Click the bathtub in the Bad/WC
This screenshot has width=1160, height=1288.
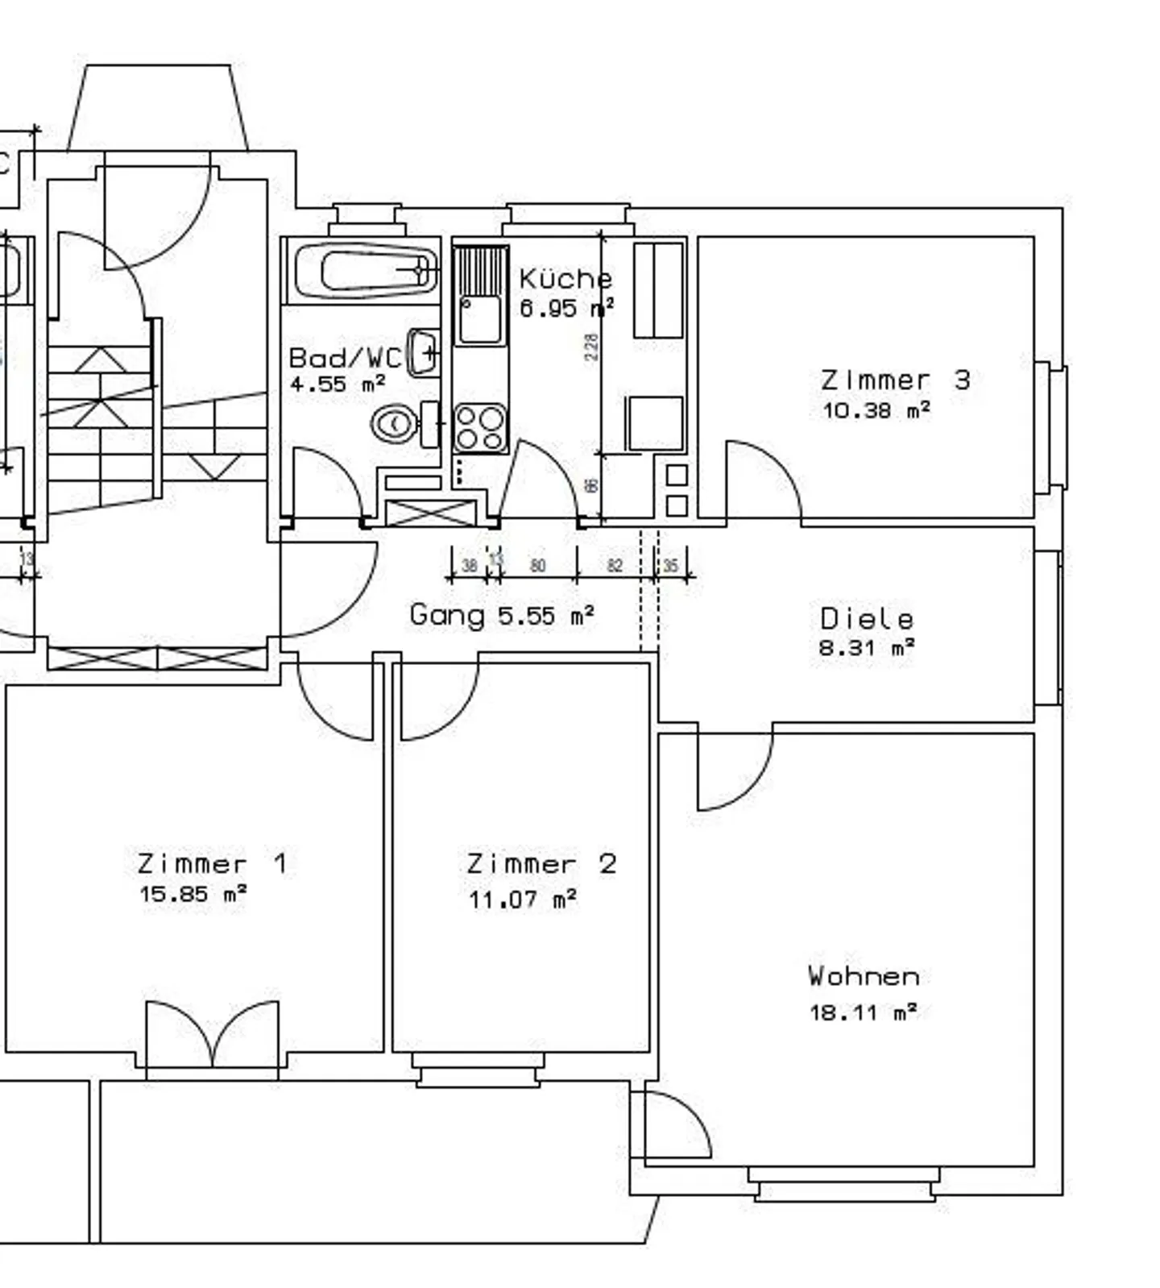[367, 271]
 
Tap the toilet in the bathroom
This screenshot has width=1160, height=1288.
[395, 422]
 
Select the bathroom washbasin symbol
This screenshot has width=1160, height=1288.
[423, 352]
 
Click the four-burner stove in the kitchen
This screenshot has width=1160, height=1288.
[480, 427]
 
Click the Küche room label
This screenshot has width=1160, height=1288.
[565, 279]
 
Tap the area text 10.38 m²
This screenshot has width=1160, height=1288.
[876, 410]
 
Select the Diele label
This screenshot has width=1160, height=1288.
[867, 619]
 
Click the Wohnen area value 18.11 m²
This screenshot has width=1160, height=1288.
[863, 1012]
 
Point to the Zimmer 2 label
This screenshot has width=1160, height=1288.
[541, 864]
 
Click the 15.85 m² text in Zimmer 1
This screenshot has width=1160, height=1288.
[193, 893]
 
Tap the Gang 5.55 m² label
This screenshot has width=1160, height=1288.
[502, 615]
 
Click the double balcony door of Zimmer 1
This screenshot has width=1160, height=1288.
[213, 1036]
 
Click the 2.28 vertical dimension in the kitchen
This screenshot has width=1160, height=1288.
[592, 347]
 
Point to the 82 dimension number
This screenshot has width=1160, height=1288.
[615, 566]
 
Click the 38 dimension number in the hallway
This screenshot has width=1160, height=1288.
[469, 566]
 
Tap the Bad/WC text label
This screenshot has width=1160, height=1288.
[345, 357]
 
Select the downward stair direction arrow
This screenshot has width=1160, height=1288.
[214, 466]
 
